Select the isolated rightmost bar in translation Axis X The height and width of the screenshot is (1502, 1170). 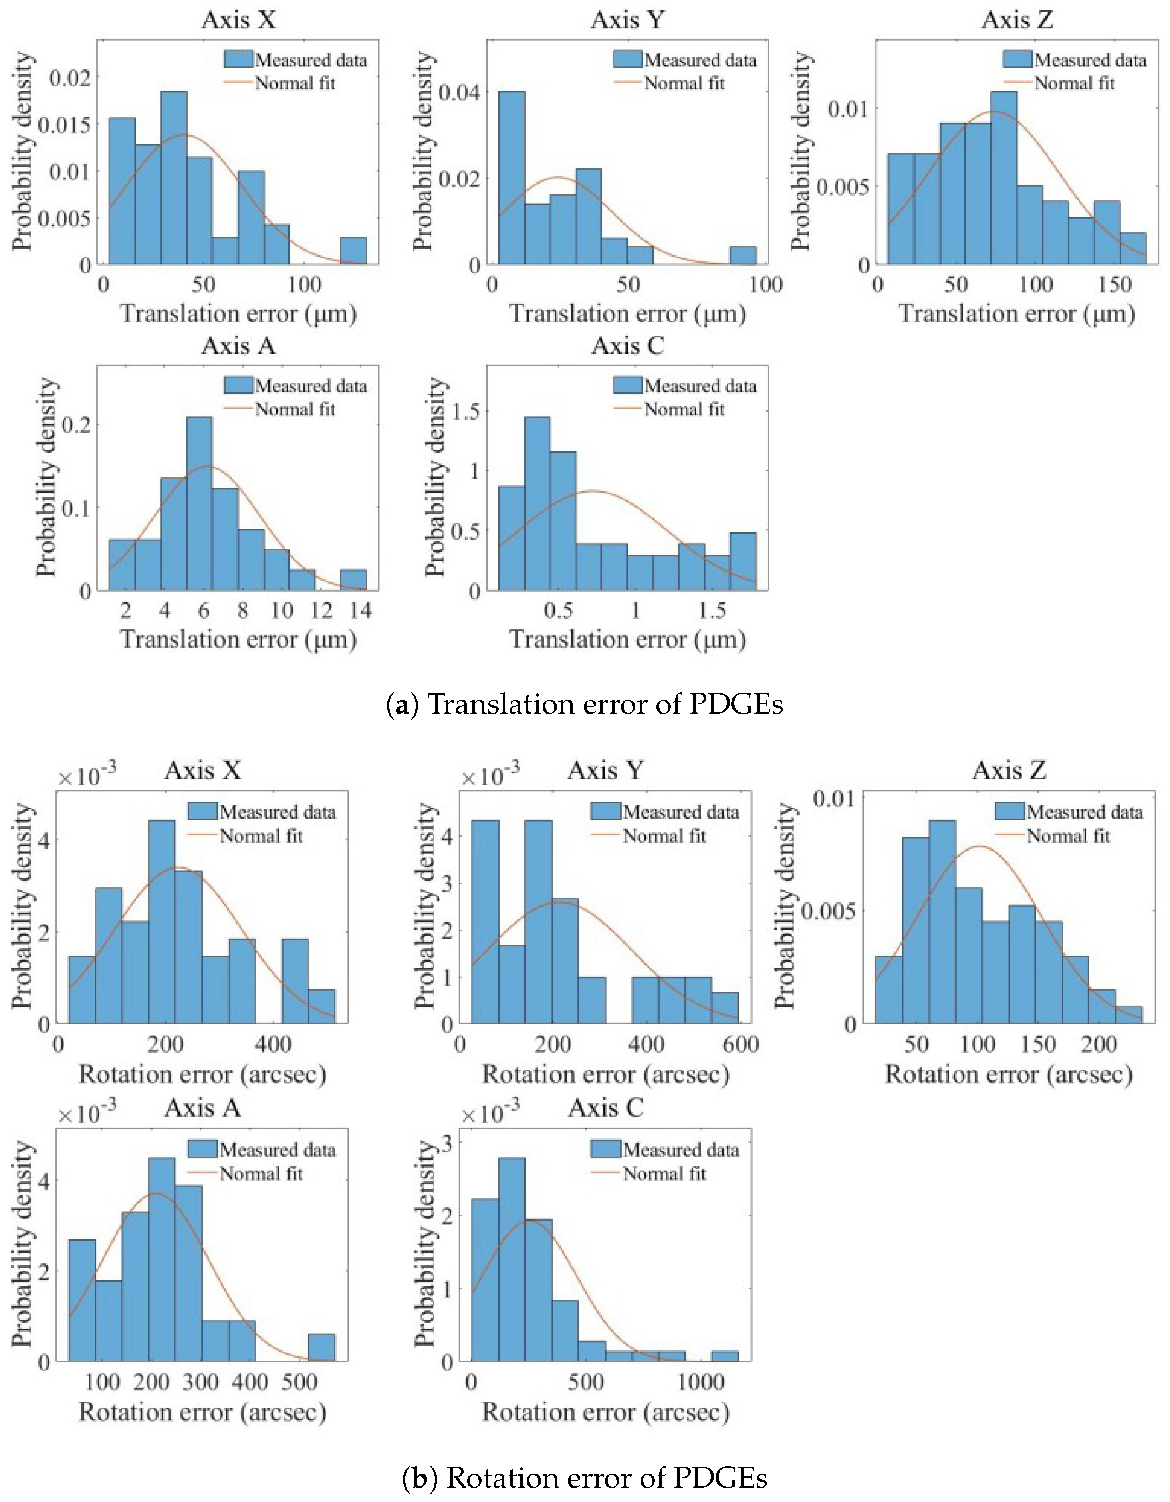(x=353, y=251)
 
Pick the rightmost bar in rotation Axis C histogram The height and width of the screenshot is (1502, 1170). (x=724, y=1356)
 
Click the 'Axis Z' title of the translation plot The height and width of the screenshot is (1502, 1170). (x=1017, y=19)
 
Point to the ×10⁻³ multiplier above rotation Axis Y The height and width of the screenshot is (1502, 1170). (x=490, y=776)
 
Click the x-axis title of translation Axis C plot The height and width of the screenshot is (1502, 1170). (x=627, y=639)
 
